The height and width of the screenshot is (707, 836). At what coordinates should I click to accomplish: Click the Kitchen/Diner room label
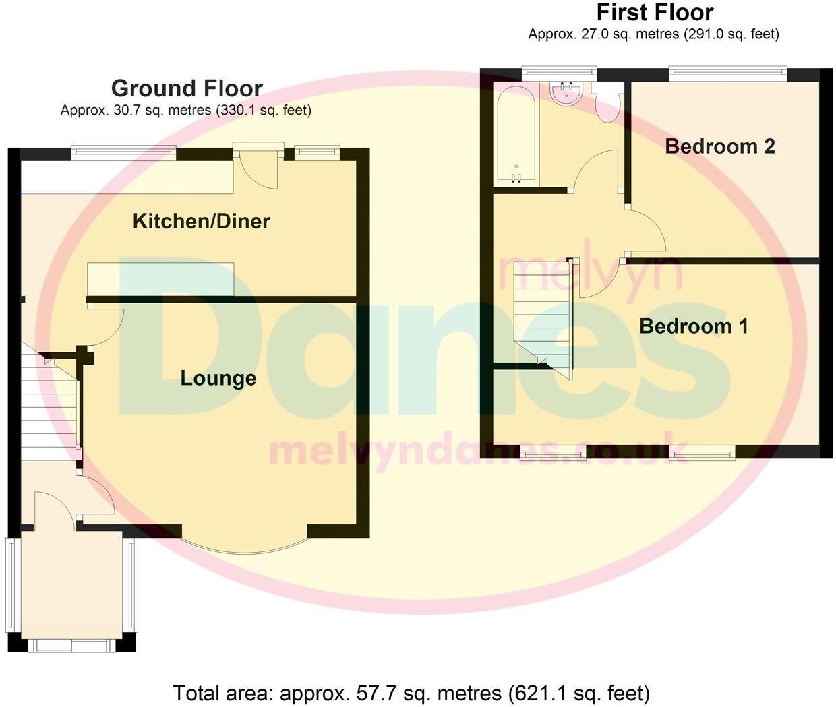[x=201, y=221]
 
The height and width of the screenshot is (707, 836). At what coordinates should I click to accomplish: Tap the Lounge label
[x=218, y=378]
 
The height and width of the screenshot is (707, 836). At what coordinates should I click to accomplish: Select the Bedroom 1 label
[x=693, y=326]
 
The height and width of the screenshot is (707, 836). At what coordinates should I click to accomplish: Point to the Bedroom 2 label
[x=719, y=146]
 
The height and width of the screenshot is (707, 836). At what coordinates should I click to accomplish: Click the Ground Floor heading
[x=187, y=88]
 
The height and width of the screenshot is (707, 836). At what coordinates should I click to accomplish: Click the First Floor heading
[x=655, y=12]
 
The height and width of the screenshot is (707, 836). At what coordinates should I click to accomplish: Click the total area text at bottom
[x=411, y=693]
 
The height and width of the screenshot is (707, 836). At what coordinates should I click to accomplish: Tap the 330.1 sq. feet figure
[x=264, y=111]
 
